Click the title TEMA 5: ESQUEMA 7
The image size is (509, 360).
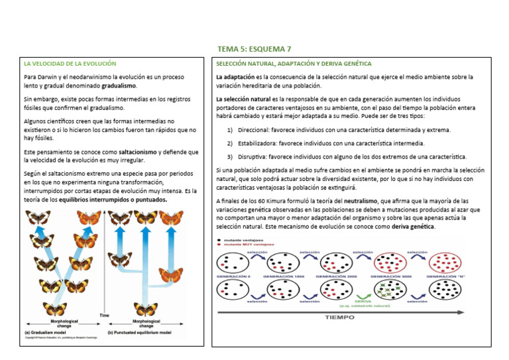point(254,49)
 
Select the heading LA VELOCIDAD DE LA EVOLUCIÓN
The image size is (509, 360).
point(70,64)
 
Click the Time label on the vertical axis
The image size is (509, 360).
point(104,315)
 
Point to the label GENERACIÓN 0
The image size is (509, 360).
point(233,276)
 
